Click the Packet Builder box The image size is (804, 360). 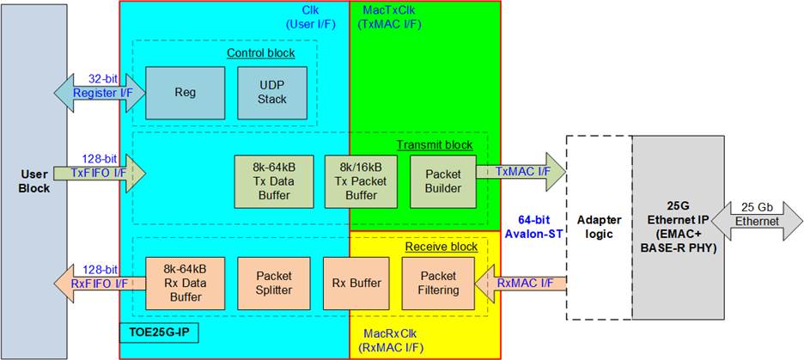click(443, 181)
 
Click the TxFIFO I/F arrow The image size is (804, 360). click(99, 173)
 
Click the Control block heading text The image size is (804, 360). click(260, 53)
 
